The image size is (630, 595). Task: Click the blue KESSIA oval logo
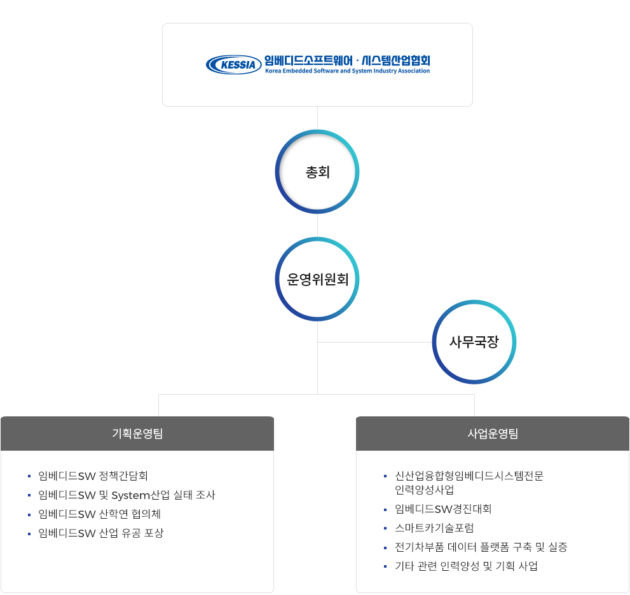tap(233, 64)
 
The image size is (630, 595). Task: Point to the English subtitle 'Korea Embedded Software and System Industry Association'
tap(347, 71)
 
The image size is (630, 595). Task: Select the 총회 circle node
tap(318, 172)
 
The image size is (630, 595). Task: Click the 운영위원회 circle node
tap(318, 279)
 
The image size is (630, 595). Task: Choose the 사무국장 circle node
tap(474, 342)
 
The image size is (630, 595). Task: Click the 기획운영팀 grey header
tap(137, 434)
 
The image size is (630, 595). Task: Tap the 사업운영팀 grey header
tap(493, 434)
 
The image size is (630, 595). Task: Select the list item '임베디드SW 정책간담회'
tap(93, 475)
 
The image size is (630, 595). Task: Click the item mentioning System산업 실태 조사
tap(127, 495)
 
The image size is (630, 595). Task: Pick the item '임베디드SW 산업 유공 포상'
tap(100, 533)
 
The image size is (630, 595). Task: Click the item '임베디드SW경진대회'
tap(443, 509)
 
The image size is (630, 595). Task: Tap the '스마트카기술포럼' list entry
tap(434, 528)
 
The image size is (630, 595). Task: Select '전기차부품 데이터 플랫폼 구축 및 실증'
tap(481, 547)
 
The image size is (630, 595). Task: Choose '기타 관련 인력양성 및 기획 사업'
tap(466, 566)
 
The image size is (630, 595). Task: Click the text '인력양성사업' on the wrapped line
tap(425, 489)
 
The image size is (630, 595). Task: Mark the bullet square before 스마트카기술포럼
tap(385, 528)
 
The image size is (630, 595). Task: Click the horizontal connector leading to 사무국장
tap(375, 342)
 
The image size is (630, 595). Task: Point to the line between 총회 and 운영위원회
tap(318, 225)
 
